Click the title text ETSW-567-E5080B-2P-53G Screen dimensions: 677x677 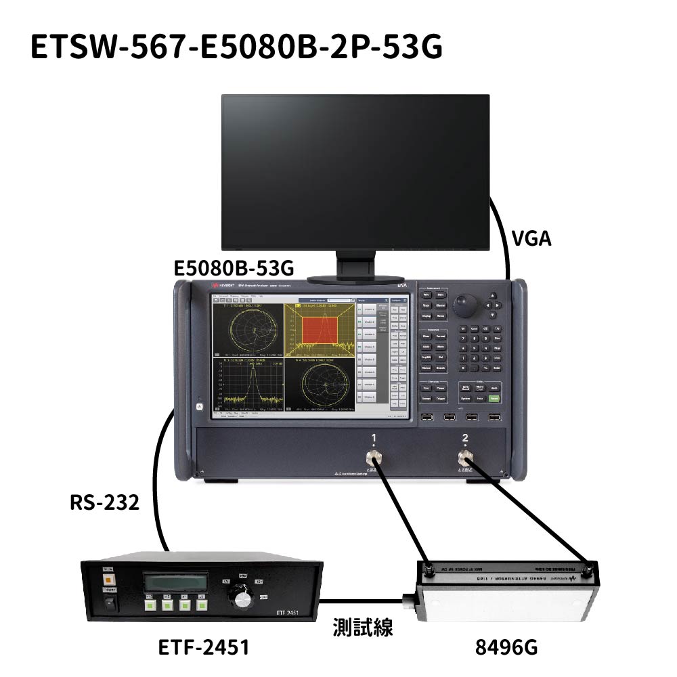[236, 47]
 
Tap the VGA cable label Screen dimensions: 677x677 [531, 238]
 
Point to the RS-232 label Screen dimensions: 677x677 [104, 502]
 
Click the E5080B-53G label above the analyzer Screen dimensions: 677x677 [234, 269]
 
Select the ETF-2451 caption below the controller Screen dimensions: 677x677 [204, 647]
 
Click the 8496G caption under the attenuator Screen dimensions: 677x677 [506, 647]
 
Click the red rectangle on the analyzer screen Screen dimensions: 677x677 [318, 330]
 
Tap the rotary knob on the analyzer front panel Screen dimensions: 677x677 [464, 306]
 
